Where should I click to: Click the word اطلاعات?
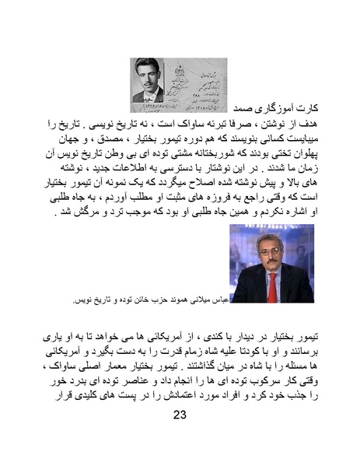(156, 158)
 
